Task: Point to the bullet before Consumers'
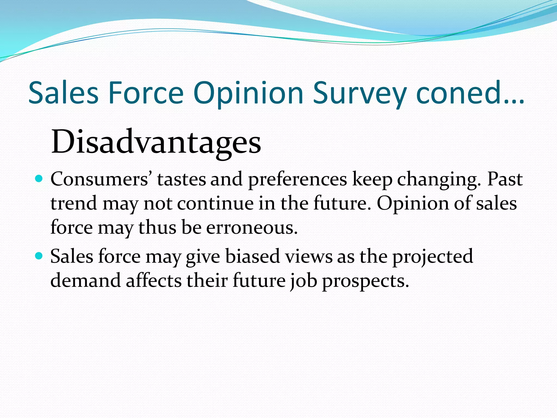point(39,179)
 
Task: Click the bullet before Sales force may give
point(39,256)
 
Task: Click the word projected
point(432,257)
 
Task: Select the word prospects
point(366,281)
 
